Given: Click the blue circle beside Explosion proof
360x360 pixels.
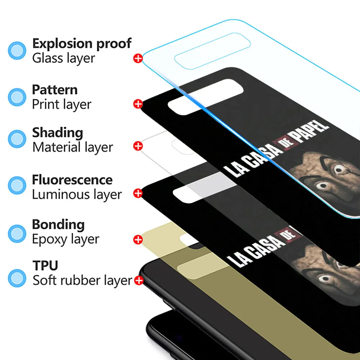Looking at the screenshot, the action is [17, 50].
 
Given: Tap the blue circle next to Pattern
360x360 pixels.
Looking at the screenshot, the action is [17, 97].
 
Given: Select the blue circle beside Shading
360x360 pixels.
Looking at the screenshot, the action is [17, 139].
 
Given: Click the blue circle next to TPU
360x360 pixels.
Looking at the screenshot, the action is [17, 278].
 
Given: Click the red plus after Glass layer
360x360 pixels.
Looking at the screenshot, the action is [138, 58].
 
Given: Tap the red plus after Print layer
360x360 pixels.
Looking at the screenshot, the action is [138, 104].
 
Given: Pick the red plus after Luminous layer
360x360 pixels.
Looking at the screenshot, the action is [138, 193].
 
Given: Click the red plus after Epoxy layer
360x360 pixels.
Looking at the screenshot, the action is [138, 239].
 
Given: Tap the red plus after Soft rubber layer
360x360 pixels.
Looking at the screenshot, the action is [138, 280].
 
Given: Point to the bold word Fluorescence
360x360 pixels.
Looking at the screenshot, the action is [72, 180].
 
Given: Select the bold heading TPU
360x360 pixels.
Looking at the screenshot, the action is [45, 266].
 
